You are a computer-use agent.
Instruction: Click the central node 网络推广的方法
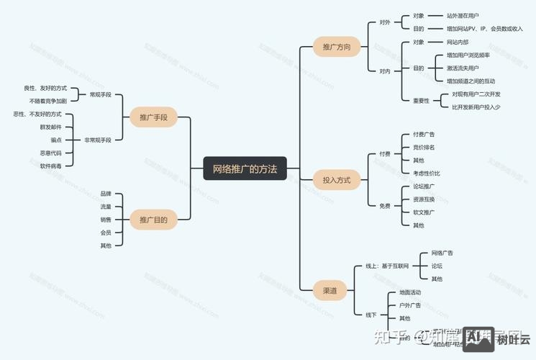[245, 169]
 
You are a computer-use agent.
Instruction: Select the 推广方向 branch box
[336, 48]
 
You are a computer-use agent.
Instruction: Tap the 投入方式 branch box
[336, 180]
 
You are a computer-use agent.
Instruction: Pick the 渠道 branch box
[330, 291]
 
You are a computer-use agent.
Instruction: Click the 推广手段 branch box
[153, 117]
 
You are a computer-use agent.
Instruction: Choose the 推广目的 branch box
[153, 220]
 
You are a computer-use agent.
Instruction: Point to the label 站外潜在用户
[463, 15]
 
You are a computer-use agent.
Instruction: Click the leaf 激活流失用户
[463, 68]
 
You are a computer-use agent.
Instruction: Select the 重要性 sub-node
[421, 101]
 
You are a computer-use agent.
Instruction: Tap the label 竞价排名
[424, 147]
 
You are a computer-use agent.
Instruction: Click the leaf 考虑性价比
[427, 173]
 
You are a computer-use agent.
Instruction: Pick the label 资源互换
[424, 199]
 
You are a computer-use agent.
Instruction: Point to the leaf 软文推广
[424, 212]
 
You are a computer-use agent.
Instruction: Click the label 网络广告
[442, 253]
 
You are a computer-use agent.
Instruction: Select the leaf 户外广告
[410, 305]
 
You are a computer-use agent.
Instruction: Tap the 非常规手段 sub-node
[98, 140]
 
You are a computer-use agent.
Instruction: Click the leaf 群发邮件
[51, 127]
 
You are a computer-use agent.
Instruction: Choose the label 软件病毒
[51, 166]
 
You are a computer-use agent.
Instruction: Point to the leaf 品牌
[106, 194]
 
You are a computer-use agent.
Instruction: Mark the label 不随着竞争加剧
[48, 101]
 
